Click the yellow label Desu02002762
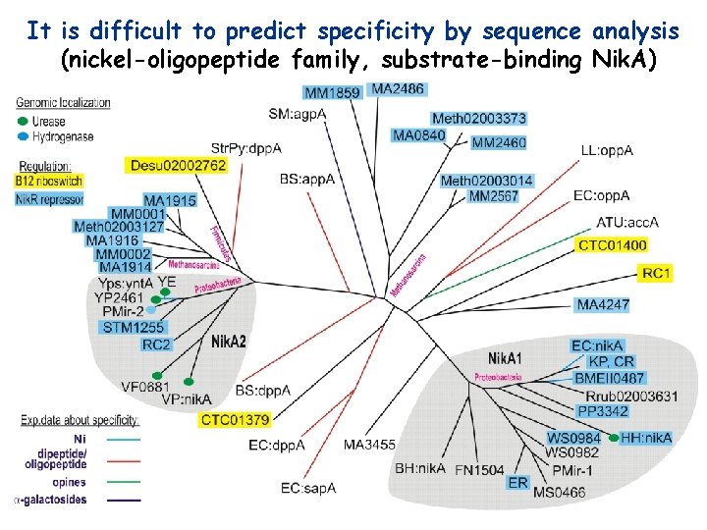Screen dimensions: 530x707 177,166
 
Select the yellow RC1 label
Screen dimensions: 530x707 656,273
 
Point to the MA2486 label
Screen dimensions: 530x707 398,89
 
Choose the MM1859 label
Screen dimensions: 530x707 332,93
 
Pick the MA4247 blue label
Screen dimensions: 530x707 603,305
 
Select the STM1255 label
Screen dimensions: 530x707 134,327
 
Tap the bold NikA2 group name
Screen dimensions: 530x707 229,341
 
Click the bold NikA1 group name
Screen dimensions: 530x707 506,359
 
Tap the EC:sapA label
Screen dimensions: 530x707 307,488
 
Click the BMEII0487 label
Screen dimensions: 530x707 610,378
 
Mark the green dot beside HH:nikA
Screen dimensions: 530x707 614,438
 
